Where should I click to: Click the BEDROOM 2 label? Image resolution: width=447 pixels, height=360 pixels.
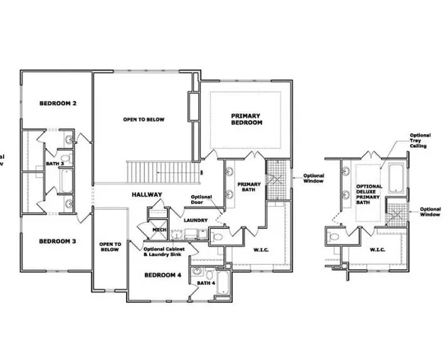pos(43,103)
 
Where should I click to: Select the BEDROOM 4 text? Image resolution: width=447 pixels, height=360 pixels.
pos(163,274)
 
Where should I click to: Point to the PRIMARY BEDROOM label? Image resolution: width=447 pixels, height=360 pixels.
pos(247,118)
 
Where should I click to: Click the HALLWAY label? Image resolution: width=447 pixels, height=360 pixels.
pos(147,195)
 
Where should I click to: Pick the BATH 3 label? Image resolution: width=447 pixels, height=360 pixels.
pos(53,163)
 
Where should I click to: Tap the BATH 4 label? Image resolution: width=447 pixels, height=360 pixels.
pos(205,283)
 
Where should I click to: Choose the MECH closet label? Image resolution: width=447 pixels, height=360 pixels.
pos(159,230)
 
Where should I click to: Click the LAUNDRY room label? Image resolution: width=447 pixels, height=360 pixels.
pos(196,220)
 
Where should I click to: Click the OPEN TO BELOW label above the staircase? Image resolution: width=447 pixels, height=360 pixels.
pos(144,120)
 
